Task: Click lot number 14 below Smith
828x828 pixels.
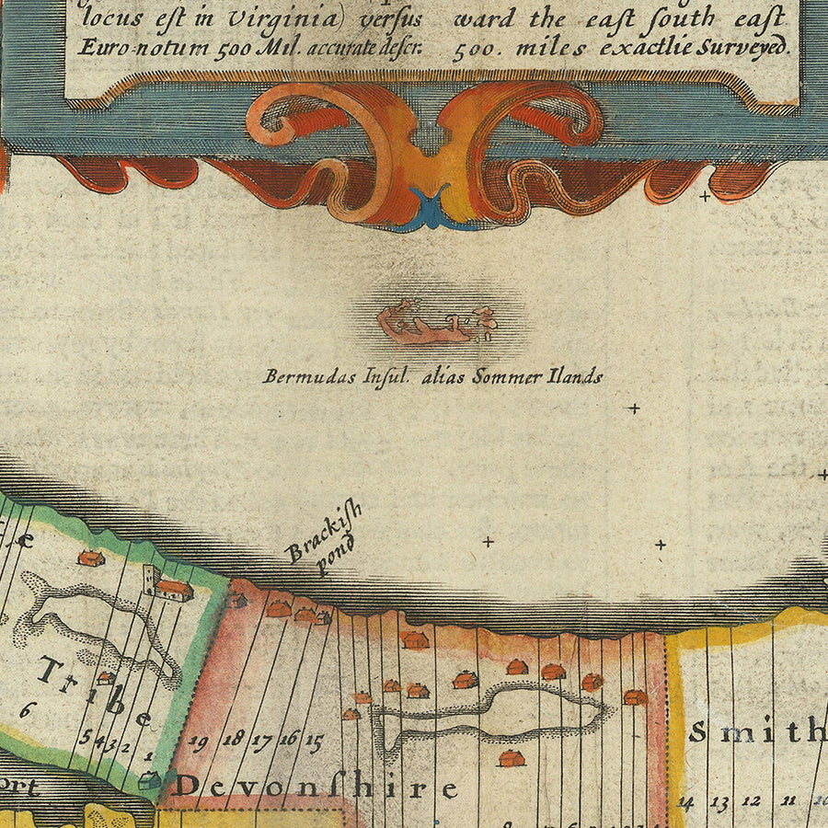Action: pyautogui.click(x=685, y=801)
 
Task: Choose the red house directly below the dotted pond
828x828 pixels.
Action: pyautogui.click(x=511, y=758)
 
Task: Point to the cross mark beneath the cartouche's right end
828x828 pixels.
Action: pyautogui.click(x=706, y=196)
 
